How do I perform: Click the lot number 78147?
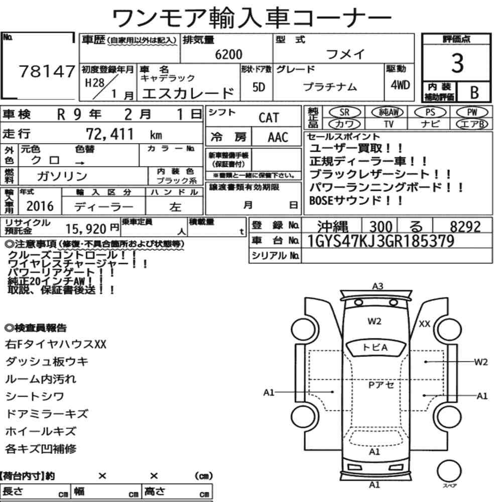click(x=47, y=71)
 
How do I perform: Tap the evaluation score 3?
click(x=457, y=63)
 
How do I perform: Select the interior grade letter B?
click(x=474, y=92)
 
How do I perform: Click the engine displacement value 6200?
click(x=228, y=54)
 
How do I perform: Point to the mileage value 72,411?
click(x=109, y=134)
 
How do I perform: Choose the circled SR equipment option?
click(x=344, y=112)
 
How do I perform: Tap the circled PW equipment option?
click(x=472, y=112)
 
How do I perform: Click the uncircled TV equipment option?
click(x=389, y=124)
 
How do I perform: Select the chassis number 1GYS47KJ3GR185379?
click(x=381, y=241)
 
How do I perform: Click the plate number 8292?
click(x=465, y=227)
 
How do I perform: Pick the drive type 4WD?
click(x=400, y=85)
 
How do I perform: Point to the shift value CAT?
click(x=269, y=117)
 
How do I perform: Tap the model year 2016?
click(x=40, y=206)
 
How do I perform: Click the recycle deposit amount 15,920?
click(x=86, y=229)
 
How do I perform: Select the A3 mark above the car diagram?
click(x=378, y=286)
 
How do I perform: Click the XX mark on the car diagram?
click(x=425, y=324)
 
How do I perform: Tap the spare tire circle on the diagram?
click(x=449, y=471)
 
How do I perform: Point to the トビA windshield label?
click(x=375, y=347)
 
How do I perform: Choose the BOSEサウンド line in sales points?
click(x=356, y=201)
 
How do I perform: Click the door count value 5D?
click(x=259, y=87)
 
